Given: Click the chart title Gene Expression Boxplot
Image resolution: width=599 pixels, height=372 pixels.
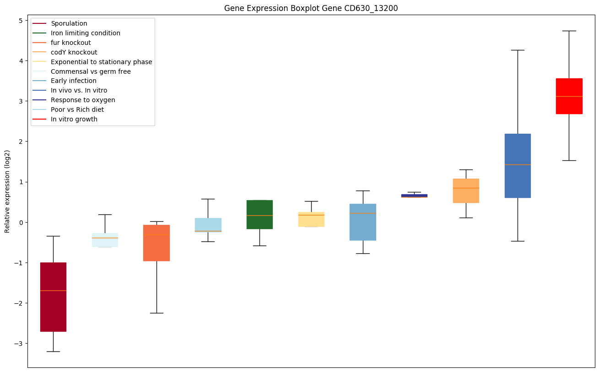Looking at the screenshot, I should [308, 8].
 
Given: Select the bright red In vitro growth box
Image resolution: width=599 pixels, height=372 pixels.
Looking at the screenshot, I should [569, 96].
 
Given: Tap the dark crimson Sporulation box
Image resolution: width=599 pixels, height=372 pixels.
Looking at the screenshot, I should [53, 297].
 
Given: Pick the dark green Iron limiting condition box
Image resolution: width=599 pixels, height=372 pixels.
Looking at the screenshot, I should [259, 214].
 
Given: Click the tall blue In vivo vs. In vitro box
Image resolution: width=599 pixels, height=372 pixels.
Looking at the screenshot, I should [518, 166].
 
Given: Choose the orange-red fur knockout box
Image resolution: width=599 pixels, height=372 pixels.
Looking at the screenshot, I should [156, 243].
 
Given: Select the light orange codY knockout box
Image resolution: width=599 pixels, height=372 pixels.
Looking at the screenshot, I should [466, 191].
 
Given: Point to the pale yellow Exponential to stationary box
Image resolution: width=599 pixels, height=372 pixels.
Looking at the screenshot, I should [311, 219].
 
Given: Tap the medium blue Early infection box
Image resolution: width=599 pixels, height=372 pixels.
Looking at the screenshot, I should [363, 222].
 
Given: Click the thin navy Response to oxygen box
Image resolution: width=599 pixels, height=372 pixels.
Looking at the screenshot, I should [414, 196].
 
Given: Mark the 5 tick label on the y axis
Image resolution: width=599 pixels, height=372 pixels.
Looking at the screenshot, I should [21, 21].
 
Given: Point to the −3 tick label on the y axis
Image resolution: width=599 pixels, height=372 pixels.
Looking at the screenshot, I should [19, 344].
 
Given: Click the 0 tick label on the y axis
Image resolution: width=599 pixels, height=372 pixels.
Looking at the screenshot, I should [21, 223].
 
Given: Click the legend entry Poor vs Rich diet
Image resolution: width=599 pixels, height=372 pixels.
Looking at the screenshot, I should [77, 109].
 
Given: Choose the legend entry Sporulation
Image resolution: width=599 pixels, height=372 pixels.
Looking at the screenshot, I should [69, 23].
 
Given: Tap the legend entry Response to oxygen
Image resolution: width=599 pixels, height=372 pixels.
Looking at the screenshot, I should [83, 100].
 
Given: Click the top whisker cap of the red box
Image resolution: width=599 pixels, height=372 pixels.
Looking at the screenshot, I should [569, 31].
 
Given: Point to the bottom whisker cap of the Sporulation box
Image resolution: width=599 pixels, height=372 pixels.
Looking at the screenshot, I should [53, 351].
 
